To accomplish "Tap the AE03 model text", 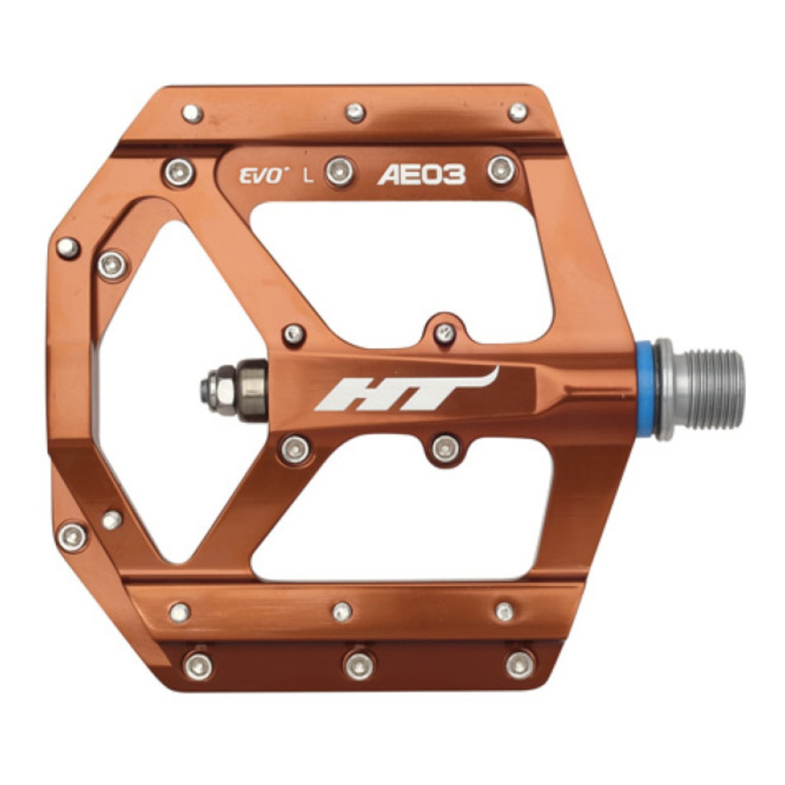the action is pyautogui.click(x=422, y=174).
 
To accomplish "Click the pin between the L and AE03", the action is pyautogui.click(x=340, y=172).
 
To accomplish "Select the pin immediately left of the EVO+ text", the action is pyautogui.click(x=179, y=172).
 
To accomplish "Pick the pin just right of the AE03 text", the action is pyautogui.click(x=501, y=169).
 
